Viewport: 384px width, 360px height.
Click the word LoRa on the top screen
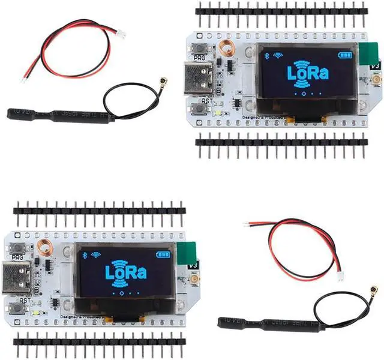307,74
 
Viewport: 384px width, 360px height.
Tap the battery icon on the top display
344,55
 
